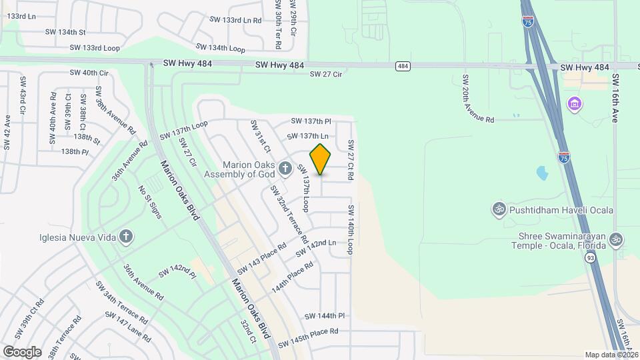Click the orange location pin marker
tap(321, 160)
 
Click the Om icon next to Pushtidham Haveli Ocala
tap(497, 210)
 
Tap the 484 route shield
tap(403, 66)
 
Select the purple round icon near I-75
tap(573, 105)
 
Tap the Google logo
tap(22, 351)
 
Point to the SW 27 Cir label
tap(326, 75)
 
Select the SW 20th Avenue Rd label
tap(479, 98)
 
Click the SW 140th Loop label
tap(349, 230)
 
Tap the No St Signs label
tap(150, 203)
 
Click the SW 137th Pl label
tap(311, 121)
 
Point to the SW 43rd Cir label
tap(23, 97)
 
